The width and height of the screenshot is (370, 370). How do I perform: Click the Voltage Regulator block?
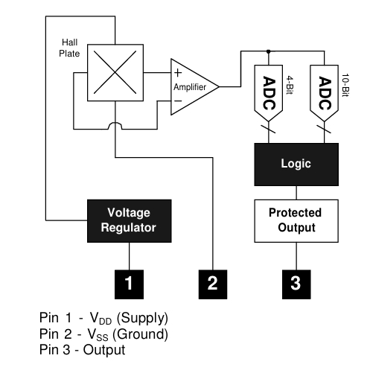coord(130,221)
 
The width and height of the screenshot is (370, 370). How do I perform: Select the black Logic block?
coord(296,165)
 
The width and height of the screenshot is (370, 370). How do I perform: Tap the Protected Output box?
coord(296,221)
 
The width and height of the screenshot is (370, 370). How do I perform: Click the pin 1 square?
coord(129,284)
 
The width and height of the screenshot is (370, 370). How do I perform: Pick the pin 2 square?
coord(213,284)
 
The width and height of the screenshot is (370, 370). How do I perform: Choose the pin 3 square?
coord(296,284)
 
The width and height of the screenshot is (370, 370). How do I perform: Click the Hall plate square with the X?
coord(115,73)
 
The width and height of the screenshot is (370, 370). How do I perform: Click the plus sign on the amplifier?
coord(178,73)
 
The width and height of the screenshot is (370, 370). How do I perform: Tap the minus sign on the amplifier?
coord(178,101)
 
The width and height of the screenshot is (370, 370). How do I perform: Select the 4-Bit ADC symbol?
coord(269,93)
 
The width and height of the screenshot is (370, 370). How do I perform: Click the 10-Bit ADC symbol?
coord(325,93)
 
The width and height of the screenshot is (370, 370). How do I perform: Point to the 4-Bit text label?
coord(290,85)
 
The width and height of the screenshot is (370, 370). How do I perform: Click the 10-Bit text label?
coord(345,85)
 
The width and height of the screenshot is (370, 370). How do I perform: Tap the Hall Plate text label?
coord(69,48)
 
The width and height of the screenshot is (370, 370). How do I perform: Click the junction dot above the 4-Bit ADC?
coord(269,51)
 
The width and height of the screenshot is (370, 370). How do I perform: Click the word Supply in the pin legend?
coord(142,318)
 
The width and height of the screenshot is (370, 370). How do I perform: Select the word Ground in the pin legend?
coord(140,334)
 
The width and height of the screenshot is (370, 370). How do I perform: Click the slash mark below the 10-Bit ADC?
coord(324,129)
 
